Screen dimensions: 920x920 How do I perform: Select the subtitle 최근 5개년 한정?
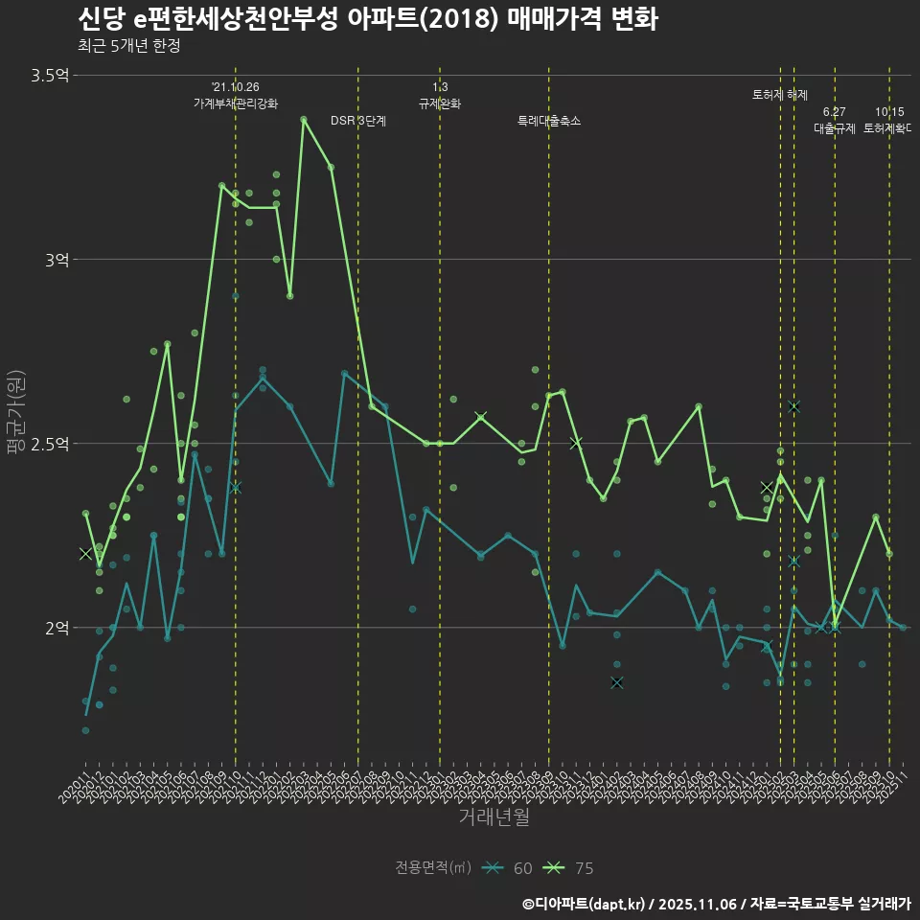pos(128,46)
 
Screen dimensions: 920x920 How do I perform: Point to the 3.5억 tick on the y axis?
pos(50,75)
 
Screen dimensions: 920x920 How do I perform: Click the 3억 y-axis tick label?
pos(57,259)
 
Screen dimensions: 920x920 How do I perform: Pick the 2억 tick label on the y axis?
pos(57,628)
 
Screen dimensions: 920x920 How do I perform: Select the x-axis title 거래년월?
pos(493,817)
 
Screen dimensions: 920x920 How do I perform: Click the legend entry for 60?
pos(509,868)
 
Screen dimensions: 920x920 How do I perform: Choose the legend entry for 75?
pos(569,868)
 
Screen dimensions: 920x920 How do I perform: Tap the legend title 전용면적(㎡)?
pos(433,868)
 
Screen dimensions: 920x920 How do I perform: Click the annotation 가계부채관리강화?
pos(235,103)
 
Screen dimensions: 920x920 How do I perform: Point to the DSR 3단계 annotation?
pos(358,121)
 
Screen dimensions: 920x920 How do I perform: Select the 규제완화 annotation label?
pos(440,103)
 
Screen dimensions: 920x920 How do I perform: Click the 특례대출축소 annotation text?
pos(549,121)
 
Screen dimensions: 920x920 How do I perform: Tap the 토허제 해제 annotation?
pos(780,95)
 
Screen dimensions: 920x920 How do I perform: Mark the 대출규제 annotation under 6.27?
pos(835,127)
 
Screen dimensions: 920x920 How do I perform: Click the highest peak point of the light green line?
pos(304,120)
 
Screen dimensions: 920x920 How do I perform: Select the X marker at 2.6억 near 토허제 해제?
pos(793,406)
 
